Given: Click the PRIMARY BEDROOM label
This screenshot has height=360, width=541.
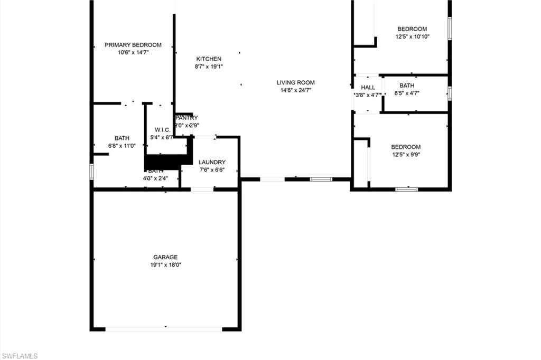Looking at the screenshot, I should click(x=133, y=45).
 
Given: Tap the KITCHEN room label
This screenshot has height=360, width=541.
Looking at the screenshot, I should click(x=209, y=59).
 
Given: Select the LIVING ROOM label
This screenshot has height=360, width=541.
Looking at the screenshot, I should click(x=295, y=82).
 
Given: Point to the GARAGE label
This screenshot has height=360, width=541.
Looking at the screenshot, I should click(x=165, y=257).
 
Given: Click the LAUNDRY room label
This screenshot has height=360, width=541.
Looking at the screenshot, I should click(x=212, y=162).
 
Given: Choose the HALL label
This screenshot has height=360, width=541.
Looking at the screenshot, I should click(x=368, y=88).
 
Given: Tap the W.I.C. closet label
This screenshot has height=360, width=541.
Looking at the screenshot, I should click(x=162, y=130).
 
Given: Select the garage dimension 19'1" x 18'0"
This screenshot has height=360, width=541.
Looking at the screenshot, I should click(x=165, y=265).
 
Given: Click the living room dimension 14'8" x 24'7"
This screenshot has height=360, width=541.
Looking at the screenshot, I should click(x=295, y=90).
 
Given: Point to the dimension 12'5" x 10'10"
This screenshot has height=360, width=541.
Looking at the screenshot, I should click(x=412, y=37).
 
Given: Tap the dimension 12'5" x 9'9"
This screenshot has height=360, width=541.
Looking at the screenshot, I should click(x=406, y=155).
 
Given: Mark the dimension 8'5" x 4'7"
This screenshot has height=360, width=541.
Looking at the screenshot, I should click(x=407, y=93).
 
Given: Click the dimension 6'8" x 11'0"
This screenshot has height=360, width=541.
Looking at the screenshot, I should click(x=122, y=146).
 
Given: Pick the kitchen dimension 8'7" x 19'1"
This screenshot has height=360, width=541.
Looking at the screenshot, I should click(x=209, y=67).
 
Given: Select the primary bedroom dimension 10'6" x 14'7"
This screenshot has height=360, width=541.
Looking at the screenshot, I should click(x=133, y=52).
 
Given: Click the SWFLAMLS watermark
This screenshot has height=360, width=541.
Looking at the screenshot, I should click(x=20, y=356).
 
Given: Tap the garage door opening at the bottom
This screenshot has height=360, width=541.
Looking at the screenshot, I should click(x=164, y=329).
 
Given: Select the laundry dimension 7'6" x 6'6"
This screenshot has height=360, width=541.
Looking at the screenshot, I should click(x=212, y=170).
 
